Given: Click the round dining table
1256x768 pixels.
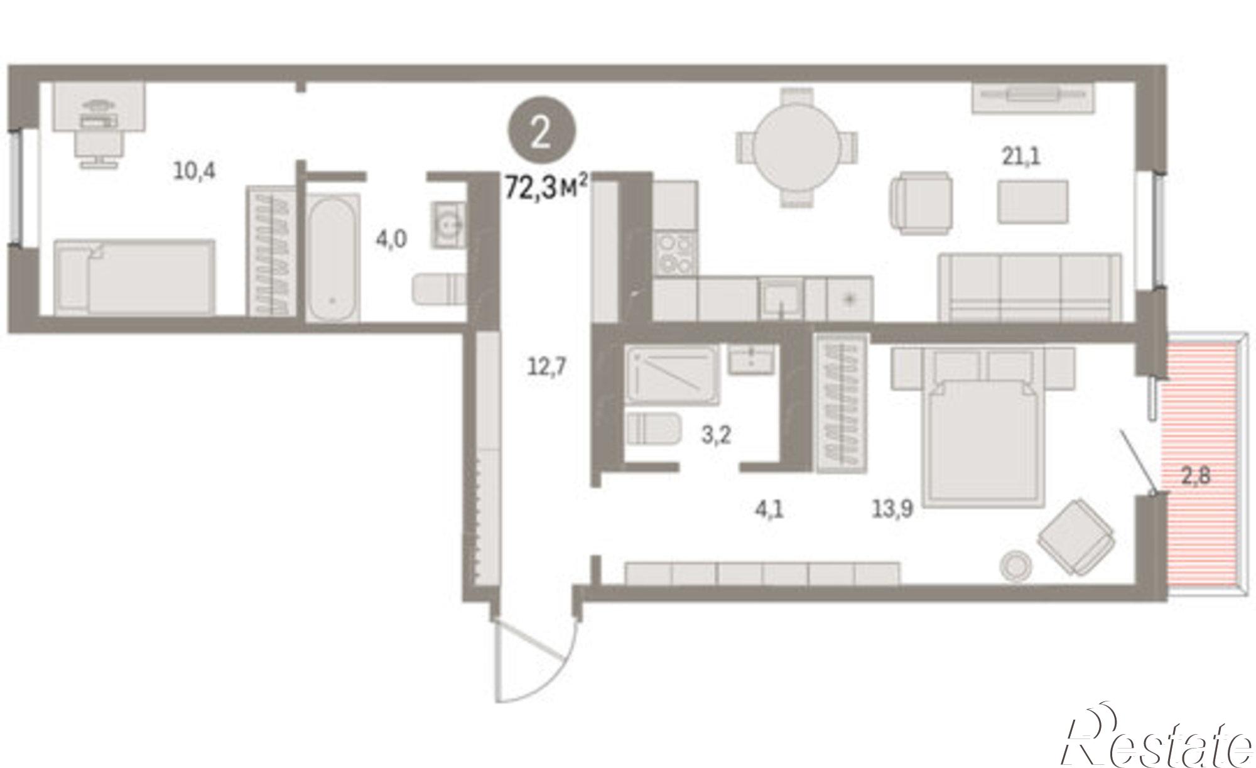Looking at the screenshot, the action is [796, 148].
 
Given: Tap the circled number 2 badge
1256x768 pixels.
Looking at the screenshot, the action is [541, 132].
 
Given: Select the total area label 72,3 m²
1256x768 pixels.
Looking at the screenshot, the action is [546, 187].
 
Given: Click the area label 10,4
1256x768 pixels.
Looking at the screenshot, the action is [195, 170].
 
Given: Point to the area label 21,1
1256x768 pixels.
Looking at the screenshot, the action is [1021, 156].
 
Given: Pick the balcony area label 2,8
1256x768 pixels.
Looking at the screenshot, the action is [1196, 475].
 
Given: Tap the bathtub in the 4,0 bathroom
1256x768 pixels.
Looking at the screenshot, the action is [332, 257].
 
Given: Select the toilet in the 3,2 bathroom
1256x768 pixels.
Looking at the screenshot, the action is [654, 429].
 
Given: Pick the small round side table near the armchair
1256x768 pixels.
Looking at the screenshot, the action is [1015, 565].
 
